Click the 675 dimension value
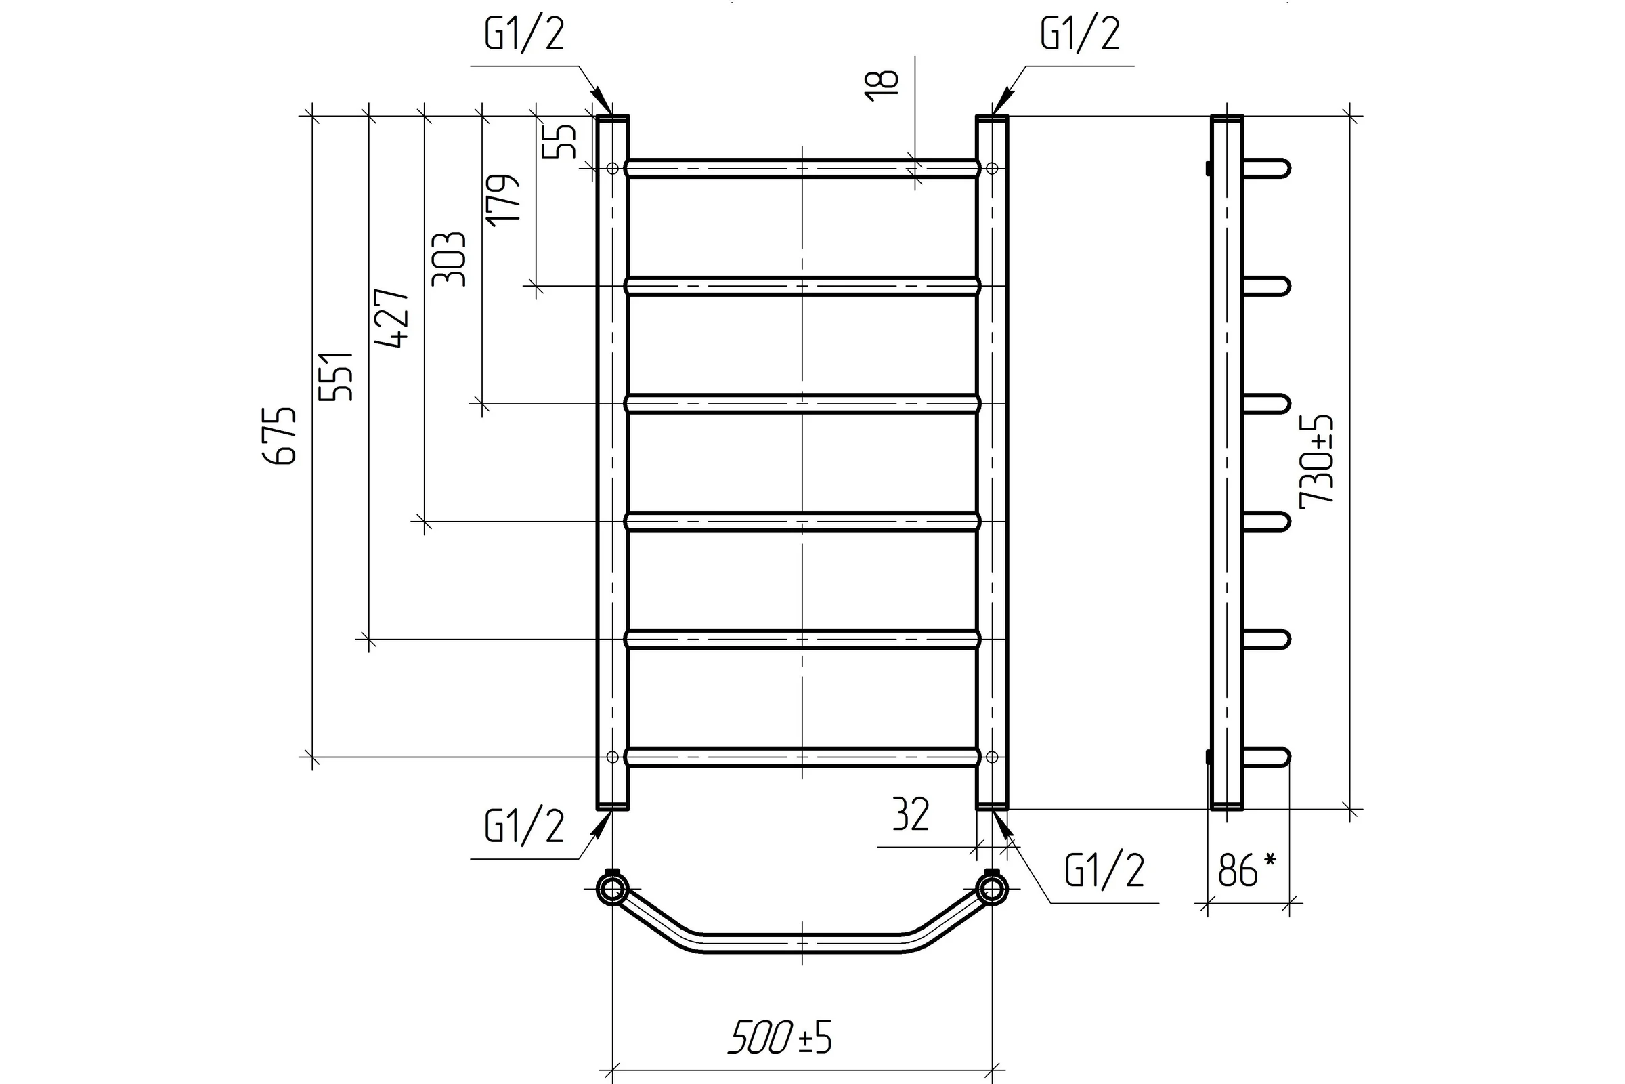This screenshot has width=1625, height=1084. coord(281,436)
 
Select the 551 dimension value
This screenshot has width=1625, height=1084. coord(337,377)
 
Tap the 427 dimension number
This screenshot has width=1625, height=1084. coord(393,318)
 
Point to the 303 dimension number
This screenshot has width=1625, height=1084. coord(449,259)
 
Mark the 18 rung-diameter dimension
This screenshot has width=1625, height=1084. coord(882,87)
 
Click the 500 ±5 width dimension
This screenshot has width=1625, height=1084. coord(780,1038)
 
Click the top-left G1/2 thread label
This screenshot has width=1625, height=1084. coord(524,34)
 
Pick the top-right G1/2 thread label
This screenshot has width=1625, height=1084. coord(1080,34)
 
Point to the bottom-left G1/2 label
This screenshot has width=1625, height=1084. coord(524,826)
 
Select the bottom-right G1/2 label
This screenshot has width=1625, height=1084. coord(1105,871)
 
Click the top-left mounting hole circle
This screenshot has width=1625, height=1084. coord(612,168)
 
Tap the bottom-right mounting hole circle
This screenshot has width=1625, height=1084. coord(992,757)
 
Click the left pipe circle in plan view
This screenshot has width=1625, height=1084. coord(612,889)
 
